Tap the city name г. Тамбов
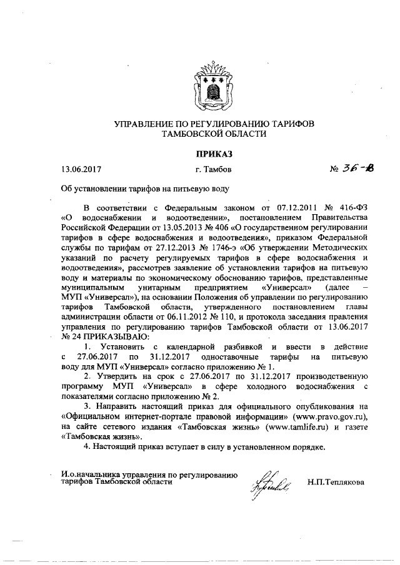click(214, 169)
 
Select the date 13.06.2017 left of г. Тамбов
click(81, 169)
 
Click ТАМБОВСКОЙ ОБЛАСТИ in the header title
click(214, 133)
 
